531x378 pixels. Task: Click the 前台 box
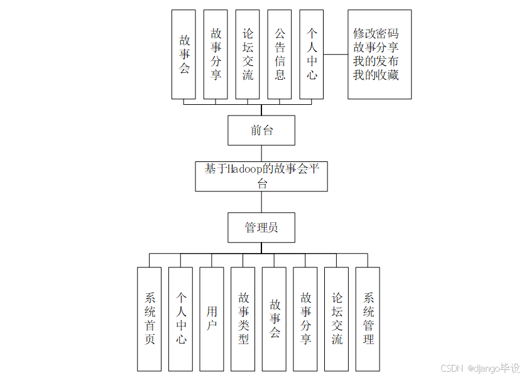click(261, 131)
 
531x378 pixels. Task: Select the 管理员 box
click(261, 227)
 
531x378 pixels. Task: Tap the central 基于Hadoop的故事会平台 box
click(261, 176)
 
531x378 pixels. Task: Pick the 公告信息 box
click(280, 54)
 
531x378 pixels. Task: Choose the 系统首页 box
click(150, 319)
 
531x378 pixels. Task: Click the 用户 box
click(212, 319)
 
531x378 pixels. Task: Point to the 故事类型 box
click(243, 319)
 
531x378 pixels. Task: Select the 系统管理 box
click(368, 319)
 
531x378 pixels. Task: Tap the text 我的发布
click(376, 62)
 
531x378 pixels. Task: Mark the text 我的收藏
click(376, 75)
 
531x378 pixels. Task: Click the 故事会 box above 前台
click(184, 54)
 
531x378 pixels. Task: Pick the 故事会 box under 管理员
click(275, 319)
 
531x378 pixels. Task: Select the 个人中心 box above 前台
click(312, 54)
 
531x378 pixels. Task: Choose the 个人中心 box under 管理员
click(181, 319)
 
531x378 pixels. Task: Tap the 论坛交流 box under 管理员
click(337, 319)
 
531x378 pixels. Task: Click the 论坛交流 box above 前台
click(248, 54)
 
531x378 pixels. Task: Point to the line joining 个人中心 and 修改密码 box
click(336, 55)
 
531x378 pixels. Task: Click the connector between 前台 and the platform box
click(261, 154)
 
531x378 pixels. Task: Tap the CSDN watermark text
click(452, 368)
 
